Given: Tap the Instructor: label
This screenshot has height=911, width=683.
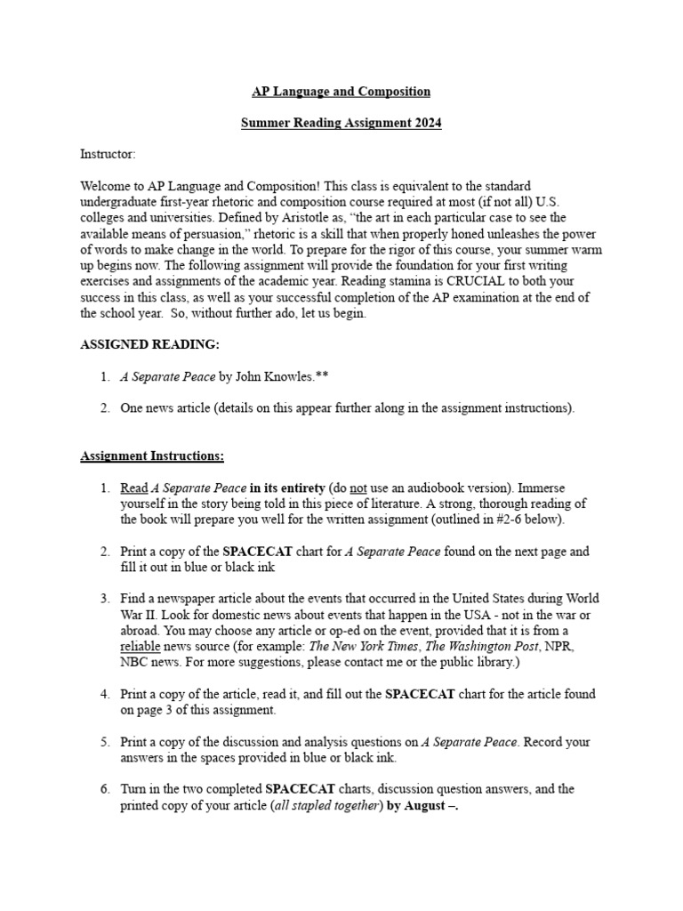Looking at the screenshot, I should click(x=108, y=155).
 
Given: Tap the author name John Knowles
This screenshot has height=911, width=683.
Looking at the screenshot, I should click(x=269, y=376).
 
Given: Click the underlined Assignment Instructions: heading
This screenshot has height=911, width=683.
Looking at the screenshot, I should click(x=152, y=456).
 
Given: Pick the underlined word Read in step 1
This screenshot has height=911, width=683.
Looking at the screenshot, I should click(x=133, y=488).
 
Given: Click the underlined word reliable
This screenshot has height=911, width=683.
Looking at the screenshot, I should click(x=141, y=647).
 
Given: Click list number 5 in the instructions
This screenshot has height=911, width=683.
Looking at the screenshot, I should click(x=104, y=742).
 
